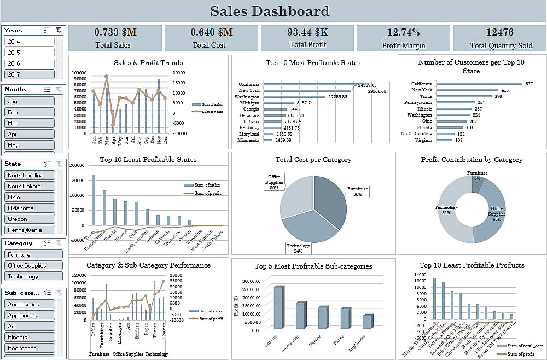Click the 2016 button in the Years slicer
[30, 63]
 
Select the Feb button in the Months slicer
[30, 112]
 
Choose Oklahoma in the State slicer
[30, 208]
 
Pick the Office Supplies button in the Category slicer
[30, 265]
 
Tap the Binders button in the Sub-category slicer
[30, 337]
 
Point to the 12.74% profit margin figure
[403, 32]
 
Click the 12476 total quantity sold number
[499, 32]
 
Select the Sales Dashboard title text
[270, 11]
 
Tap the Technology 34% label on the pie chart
[298, 248]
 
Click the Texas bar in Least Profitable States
[93, 200]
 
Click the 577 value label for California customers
[529, 84]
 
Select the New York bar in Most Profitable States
[307, 90]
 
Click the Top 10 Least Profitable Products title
[472, 265]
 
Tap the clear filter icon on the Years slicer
[59, 31]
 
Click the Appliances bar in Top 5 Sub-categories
[368, 322]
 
